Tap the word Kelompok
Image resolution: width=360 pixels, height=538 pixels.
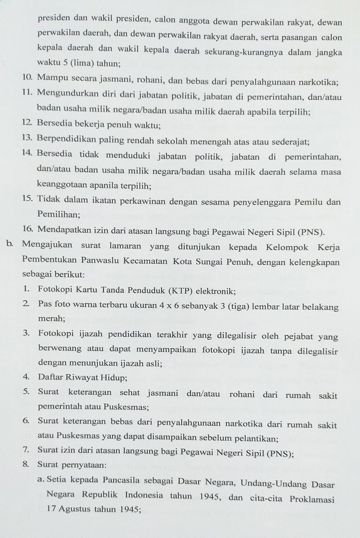click(x=287, y=247)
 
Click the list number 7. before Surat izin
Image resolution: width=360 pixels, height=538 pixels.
click(x=26, y=449)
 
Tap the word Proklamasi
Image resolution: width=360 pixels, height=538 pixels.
click(x=312, y=499)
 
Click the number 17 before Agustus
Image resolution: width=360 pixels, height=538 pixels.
click(x=51, y=508)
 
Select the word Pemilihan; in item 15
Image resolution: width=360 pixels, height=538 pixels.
click(x=59, y=214)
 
